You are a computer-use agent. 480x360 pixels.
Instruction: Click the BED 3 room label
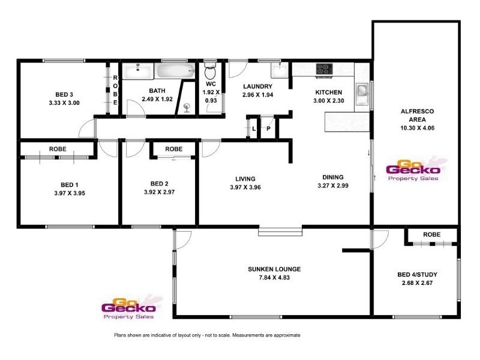(63, 94)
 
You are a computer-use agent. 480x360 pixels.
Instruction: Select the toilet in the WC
(210, 73)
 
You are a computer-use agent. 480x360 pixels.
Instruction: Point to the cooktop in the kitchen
(324, 69)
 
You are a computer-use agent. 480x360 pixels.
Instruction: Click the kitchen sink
(362, 92)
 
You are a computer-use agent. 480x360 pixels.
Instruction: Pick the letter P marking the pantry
(269, 129)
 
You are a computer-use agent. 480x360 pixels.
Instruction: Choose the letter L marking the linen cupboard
(254, 129)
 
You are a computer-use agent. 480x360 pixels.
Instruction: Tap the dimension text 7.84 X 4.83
(274, 278)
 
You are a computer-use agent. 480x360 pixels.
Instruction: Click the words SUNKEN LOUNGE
(274, 269)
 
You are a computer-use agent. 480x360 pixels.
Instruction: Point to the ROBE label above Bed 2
(174, 148)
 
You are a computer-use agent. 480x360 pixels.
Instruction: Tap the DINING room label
(332, 177)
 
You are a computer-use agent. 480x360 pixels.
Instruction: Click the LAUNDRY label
(259, 86)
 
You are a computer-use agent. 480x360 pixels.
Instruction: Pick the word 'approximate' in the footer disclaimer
(284, 335)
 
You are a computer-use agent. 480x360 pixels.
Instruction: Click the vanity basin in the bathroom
(138, 71)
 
